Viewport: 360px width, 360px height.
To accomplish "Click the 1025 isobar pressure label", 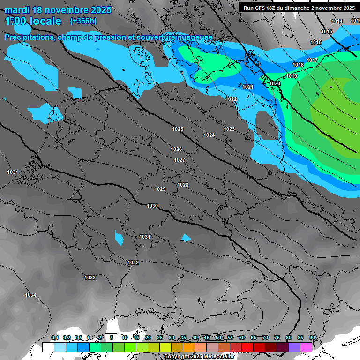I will tap(178, 129).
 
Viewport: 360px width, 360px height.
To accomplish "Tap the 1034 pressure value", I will tap(30, 295).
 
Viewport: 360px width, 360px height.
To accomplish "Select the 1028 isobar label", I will tap(183, 185).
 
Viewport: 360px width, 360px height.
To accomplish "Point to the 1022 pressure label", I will tap(231, 99).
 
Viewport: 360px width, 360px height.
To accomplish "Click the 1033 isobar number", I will tap(90, 277).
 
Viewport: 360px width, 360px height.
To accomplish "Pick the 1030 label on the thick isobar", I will tap(152, 206).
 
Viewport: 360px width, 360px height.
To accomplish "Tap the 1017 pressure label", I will tap(312, 60).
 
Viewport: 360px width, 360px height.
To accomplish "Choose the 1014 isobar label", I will tap(337, 21).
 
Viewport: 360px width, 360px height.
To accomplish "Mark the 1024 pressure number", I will tap(209, 135).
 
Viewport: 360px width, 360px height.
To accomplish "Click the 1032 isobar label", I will tap(133, 262).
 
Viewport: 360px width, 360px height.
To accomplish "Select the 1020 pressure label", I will tap(275, 83).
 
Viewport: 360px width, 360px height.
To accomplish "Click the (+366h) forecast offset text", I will tap(83, 21).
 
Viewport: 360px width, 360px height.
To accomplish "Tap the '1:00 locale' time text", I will tap(33, 21).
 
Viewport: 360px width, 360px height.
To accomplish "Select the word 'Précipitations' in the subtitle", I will tap(29, 37).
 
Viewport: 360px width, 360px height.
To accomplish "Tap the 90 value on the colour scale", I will tap(312, 338).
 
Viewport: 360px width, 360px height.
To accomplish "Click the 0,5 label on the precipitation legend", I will tap(79, 338).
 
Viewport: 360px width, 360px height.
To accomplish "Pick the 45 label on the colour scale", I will tap(206, 338).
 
